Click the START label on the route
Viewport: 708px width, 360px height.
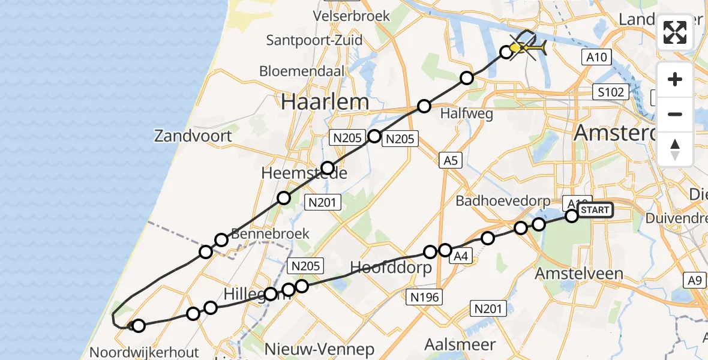[x=595, y=210]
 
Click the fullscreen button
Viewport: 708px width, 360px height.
[x=675, y=32]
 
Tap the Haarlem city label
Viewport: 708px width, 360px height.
[x=325, y=101]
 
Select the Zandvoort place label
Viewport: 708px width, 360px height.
[x=193, y=136]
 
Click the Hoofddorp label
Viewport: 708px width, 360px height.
[x=391, y=268]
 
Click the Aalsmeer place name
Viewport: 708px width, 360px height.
[x=460, y=344]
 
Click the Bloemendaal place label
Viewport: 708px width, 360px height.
[x=302, y=71]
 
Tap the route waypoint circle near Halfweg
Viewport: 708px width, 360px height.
[x=424, y=106]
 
